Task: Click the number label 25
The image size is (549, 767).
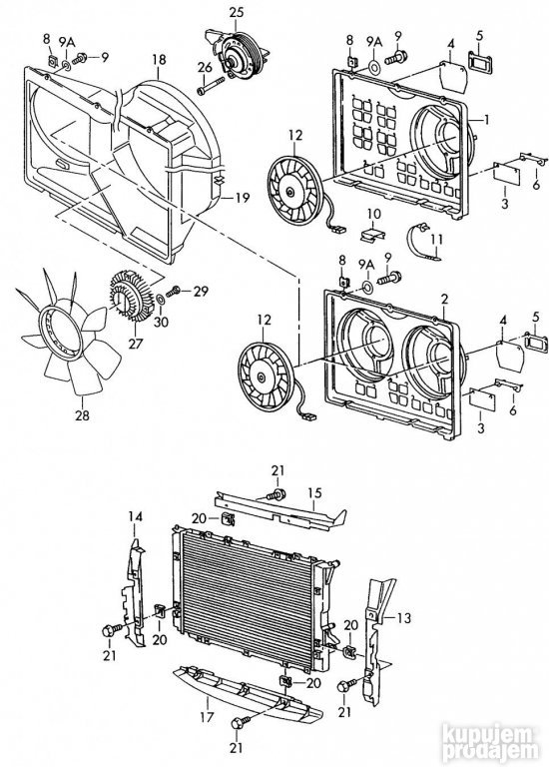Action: click(x=236, y=12)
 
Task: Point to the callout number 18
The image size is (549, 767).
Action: click(x=158, y=60)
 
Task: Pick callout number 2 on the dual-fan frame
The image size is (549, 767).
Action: click(x=443, y=299)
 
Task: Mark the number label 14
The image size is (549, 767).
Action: click(x=136, y=515)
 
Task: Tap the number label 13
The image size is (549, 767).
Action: click(x=404, y=616)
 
